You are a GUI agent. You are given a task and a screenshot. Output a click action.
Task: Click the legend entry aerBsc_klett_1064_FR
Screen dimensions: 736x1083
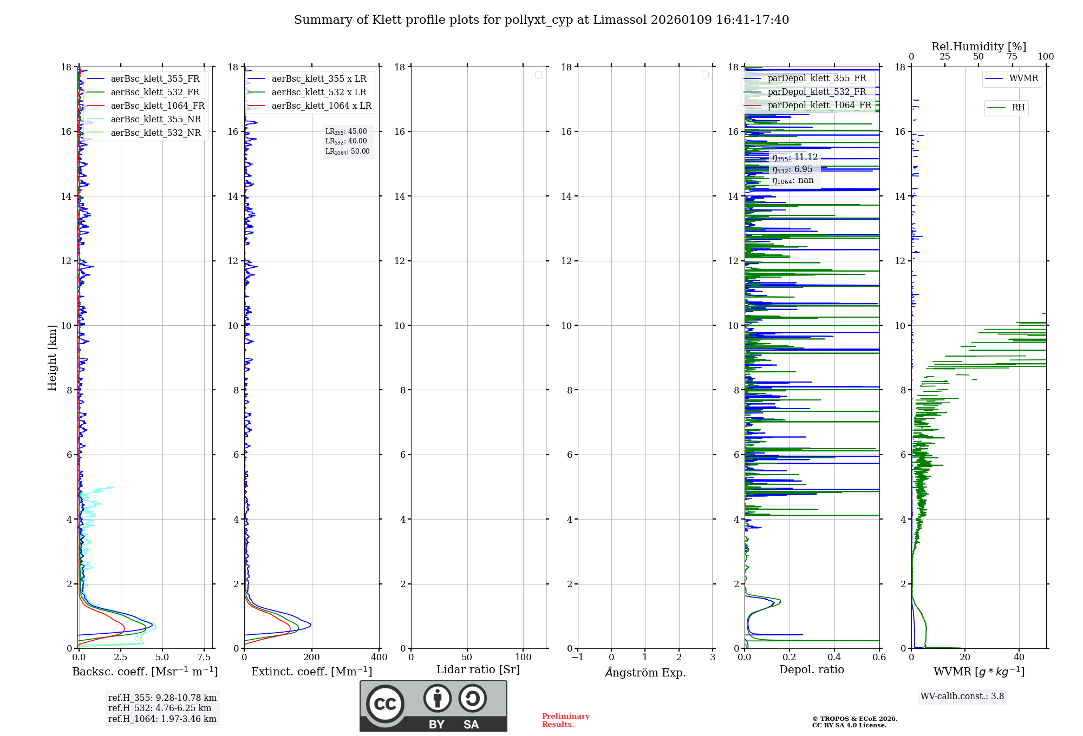click(x=158, y=106)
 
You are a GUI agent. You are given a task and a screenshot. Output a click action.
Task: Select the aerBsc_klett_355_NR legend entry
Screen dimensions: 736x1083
click(x=155, y=120)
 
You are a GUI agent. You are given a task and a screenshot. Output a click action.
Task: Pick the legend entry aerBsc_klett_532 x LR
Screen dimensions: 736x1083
click(x=318, y=93)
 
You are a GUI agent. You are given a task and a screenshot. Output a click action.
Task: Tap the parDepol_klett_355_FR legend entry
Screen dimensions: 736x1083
click(x=817, y=78)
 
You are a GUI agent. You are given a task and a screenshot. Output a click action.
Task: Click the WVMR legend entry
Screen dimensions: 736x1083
click(x=1023, y=78)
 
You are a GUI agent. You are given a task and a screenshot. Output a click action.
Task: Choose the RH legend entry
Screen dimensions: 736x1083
click(x=1018, y=108)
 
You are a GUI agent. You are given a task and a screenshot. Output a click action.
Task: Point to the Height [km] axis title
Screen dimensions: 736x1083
click(x=52, y=357)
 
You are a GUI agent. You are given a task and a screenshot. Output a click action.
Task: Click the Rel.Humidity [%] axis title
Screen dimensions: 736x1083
click(x=978, y=47)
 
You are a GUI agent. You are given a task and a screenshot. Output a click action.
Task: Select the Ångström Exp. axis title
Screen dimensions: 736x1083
click(x=645, y=672)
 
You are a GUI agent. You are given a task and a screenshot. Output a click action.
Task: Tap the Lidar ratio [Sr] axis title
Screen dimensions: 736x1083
click(x=478, y=669)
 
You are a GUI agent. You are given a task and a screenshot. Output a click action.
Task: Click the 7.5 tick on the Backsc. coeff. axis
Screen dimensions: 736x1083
click(x=204, y=657)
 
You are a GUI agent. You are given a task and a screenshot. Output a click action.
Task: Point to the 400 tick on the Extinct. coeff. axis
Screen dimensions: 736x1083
click(x=379, y=657)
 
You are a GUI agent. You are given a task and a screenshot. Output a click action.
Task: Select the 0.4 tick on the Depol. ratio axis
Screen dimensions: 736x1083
click(x=834, y=657)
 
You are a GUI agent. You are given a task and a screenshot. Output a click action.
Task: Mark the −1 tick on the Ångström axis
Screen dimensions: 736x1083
click(x=578, y=657)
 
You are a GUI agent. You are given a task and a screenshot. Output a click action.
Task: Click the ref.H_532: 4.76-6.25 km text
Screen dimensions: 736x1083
click(x=159, y=708)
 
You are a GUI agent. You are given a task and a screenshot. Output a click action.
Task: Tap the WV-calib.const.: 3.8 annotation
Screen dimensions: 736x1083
click(x=962, y=696)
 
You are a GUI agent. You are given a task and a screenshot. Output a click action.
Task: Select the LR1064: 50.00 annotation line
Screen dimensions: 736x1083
click(x=347, y=152)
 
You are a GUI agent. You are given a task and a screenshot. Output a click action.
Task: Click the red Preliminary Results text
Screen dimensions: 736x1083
click(x=565, y=720)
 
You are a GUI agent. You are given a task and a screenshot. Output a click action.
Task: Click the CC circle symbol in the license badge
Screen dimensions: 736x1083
click(x=385, y=704)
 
